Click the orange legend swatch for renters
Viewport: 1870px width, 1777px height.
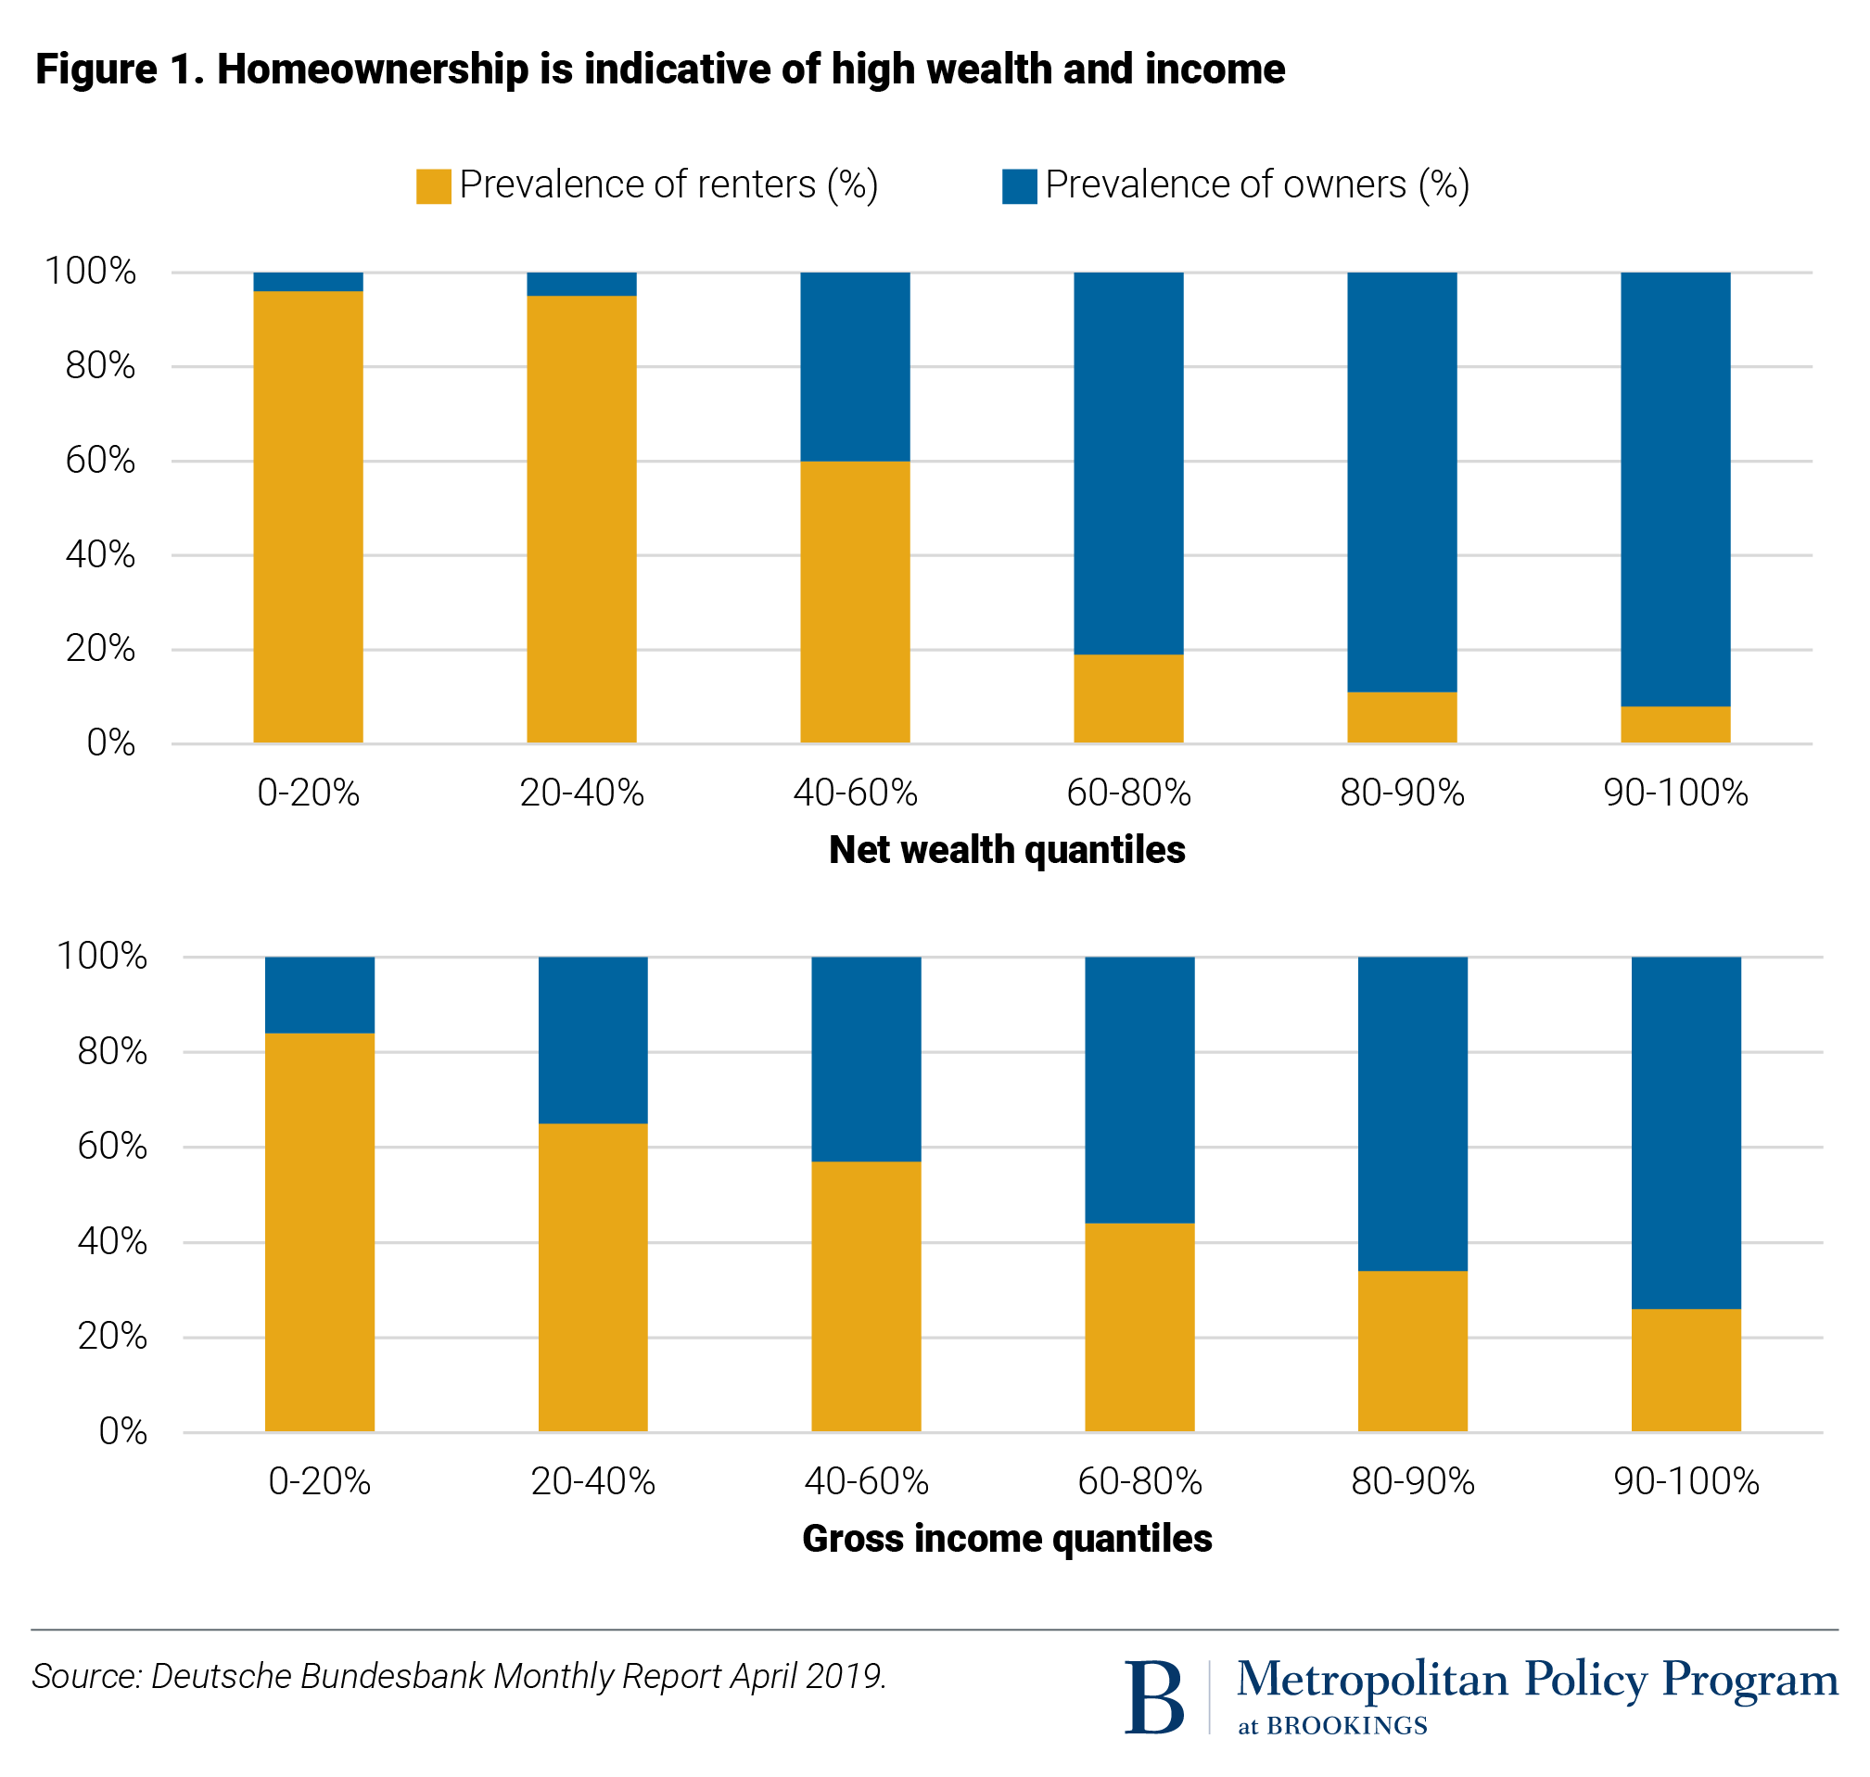tap(433, 185)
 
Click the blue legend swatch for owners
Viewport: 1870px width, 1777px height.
tap(1019, 185)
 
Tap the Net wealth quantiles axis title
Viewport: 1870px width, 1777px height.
tap(1006, 850)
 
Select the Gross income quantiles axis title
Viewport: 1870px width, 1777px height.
tap(1006, 1538)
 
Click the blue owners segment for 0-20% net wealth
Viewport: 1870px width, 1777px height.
tap(308, 281)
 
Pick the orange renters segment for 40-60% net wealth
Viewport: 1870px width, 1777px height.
tap(855, 602)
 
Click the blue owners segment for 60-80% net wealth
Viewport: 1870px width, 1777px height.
tap(1127, 463)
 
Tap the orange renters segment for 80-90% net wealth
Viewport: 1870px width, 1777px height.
tap(1401, 717)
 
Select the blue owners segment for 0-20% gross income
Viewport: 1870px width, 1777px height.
tap(319, 995)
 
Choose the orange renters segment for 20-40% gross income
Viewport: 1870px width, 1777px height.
tap(592, 1277)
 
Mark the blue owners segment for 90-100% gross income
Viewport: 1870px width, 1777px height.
tap(1686, 1133)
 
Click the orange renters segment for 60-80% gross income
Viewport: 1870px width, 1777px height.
tap(1139, 1327)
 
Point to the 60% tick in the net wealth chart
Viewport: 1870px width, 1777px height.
tap(100, 462)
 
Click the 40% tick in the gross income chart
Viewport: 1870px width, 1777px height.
tap(112, 1242)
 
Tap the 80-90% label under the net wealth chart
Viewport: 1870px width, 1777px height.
tap(1401, 793)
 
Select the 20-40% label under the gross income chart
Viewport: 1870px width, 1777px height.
tap(592, 1481)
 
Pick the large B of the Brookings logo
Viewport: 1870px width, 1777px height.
tap(1154, 1697)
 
